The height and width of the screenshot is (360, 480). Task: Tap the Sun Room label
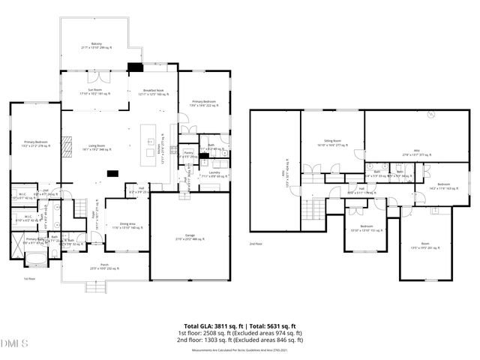click(94, 91)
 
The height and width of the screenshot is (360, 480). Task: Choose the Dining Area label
click(127, 225)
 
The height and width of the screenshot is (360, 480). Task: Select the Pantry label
click(190, 154)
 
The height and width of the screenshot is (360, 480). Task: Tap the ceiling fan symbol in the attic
click(431, 115)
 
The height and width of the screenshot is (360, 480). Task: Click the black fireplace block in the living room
click(112, 174)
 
